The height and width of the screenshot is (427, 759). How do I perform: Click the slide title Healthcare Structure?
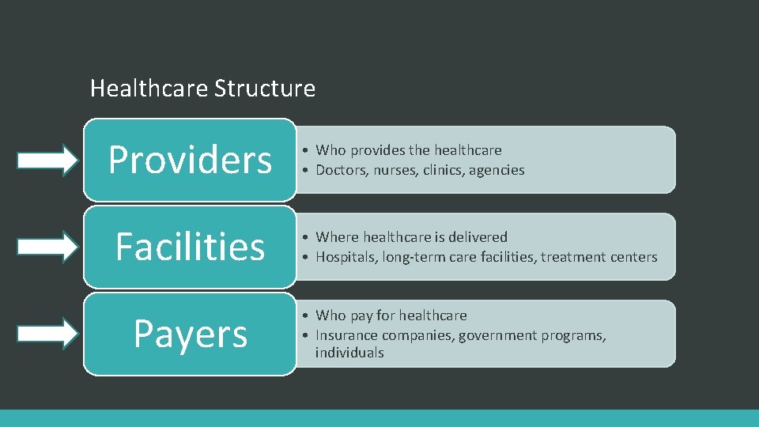tap(202, 88)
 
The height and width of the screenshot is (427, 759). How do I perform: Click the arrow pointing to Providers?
tap(48, 161)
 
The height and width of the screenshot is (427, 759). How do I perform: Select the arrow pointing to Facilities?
tap(48, 247)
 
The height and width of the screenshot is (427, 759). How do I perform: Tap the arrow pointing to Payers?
tap(48, 334)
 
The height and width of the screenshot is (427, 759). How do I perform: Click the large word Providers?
tap(190, 160)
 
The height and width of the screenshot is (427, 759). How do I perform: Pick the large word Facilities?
tap(190, 247)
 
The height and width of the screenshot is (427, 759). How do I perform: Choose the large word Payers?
tap(190, 334)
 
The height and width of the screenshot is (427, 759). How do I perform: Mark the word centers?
tap(632, 257)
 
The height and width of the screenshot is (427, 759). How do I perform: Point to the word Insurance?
tap(344, 335)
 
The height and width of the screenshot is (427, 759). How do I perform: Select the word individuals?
tap(349, 353)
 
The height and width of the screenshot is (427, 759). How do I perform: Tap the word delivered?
tap(478, 236)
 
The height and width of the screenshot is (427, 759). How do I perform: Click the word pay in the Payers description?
tap(361, 316)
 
